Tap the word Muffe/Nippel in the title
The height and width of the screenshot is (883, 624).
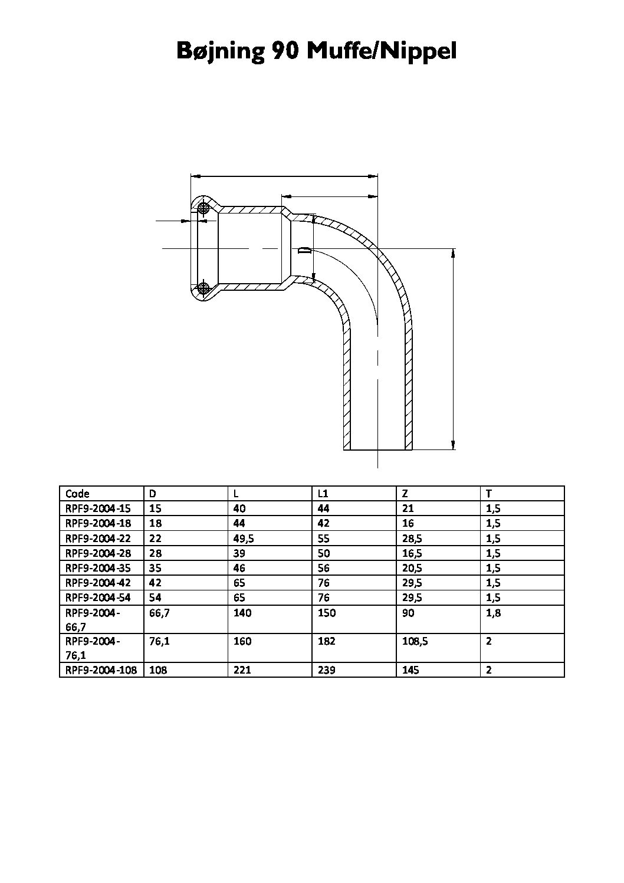(382, 51)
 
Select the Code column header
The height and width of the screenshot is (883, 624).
(77, 494)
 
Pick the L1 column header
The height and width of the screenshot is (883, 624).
(323, 494)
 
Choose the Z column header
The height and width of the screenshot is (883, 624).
(405, 494)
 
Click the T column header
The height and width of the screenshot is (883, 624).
(488, 494)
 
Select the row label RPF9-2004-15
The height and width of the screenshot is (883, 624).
(98, 508)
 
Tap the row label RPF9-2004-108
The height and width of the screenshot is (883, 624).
(101, 670)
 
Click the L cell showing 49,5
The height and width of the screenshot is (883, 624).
(243, 539)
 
